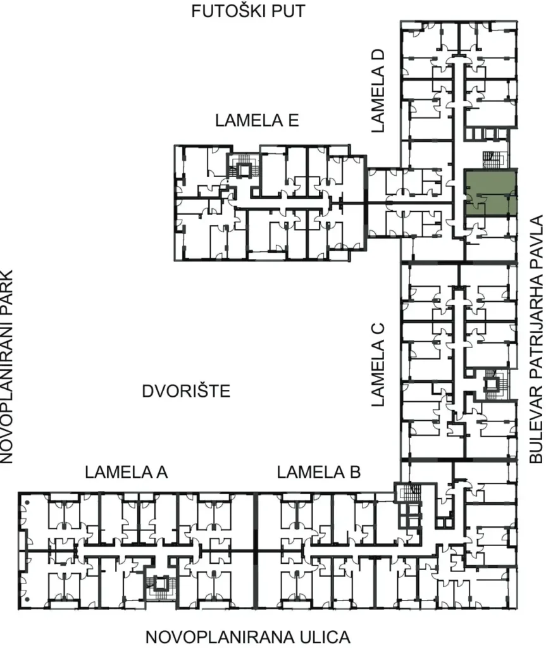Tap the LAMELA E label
(x=256, y=120)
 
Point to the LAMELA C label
(x=378, y=364)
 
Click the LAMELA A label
(x=127, y=472)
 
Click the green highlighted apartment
(x=491, y=192)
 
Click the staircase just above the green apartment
(x=491, y=157)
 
